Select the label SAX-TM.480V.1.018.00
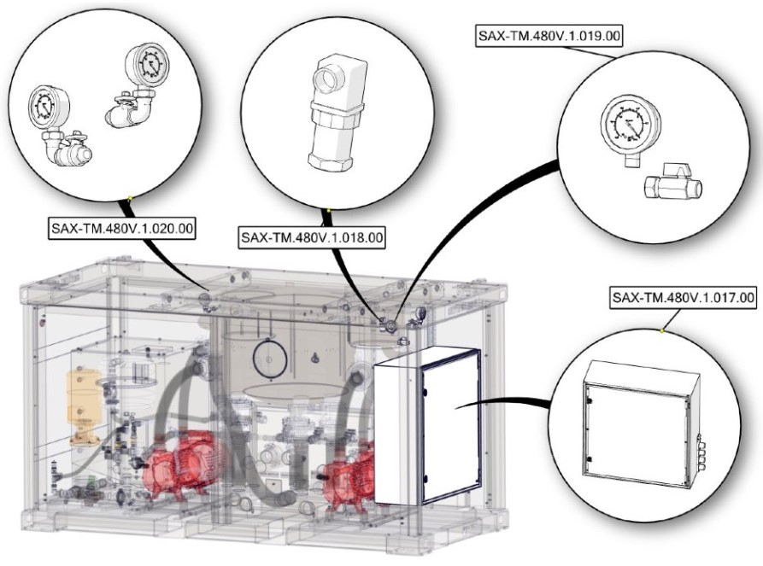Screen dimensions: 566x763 (311, 236)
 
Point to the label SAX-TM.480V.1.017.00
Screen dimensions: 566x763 (684, 298)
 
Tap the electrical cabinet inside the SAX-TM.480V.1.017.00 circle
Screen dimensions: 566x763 (636, 417)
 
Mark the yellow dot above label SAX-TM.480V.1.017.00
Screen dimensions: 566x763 (664, 329)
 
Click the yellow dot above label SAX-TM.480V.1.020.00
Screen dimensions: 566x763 (129, 198)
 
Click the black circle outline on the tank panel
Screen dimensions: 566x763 (269, 361)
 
